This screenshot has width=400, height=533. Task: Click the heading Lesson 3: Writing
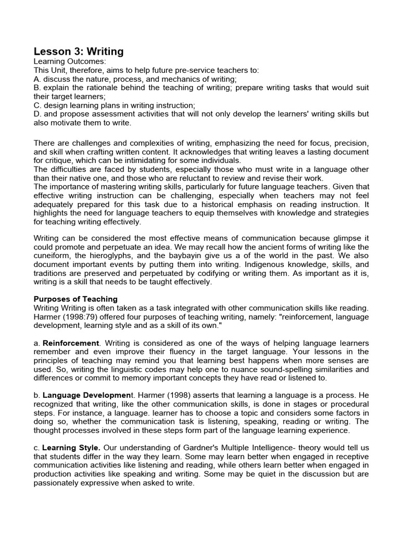[79, 51]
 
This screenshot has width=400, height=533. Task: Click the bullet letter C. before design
[37, 105]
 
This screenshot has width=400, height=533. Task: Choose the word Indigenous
[246, 264]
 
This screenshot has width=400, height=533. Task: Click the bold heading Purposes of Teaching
[76, 299]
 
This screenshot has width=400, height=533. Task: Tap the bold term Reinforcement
[71, 344]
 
